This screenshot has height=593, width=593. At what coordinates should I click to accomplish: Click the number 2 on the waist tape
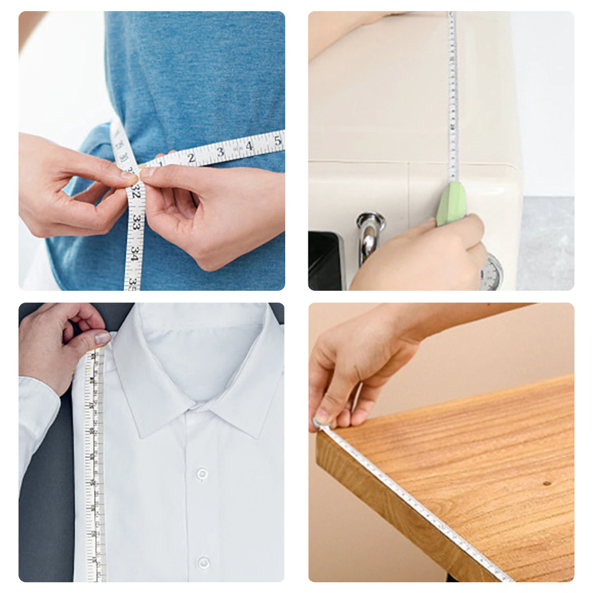pyautogui.click(x=191, y=157)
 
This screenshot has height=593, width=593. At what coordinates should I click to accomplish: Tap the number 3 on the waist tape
pyautogui.click(x=221, y=151)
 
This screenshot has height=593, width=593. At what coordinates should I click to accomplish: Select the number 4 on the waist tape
pyautogui.click(x=249, y=146)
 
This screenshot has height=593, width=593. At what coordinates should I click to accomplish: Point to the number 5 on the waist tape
pyautogui.click(x=278, y=140)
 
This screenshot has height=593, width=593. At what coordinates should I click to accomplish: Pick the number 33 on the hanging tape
pyautogui.click(x=136, y=223)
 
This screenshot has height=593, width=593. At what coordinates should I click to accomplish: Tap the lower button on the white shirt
pyautogui.click(x=203, y=563)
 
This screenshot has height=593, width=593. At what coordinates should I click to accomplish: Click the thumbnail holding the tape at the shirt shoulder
pyautogui.click(x=103, y=338)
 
